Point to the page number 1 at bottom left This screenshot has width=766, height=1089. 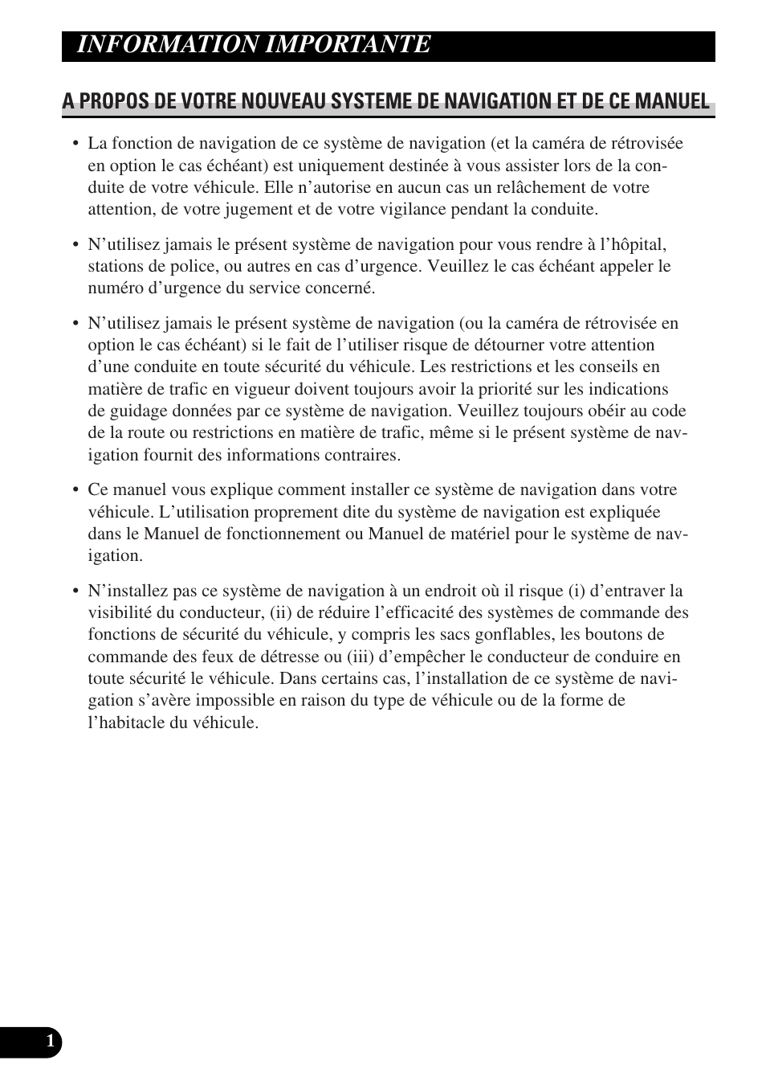point(51,1042)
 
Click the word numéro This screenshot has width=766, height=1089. point(114,288)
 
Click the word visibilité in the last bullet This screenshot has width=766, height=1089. point(118,612)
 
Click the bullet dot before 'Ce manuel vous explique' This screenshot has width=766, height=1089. point(75,490)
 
